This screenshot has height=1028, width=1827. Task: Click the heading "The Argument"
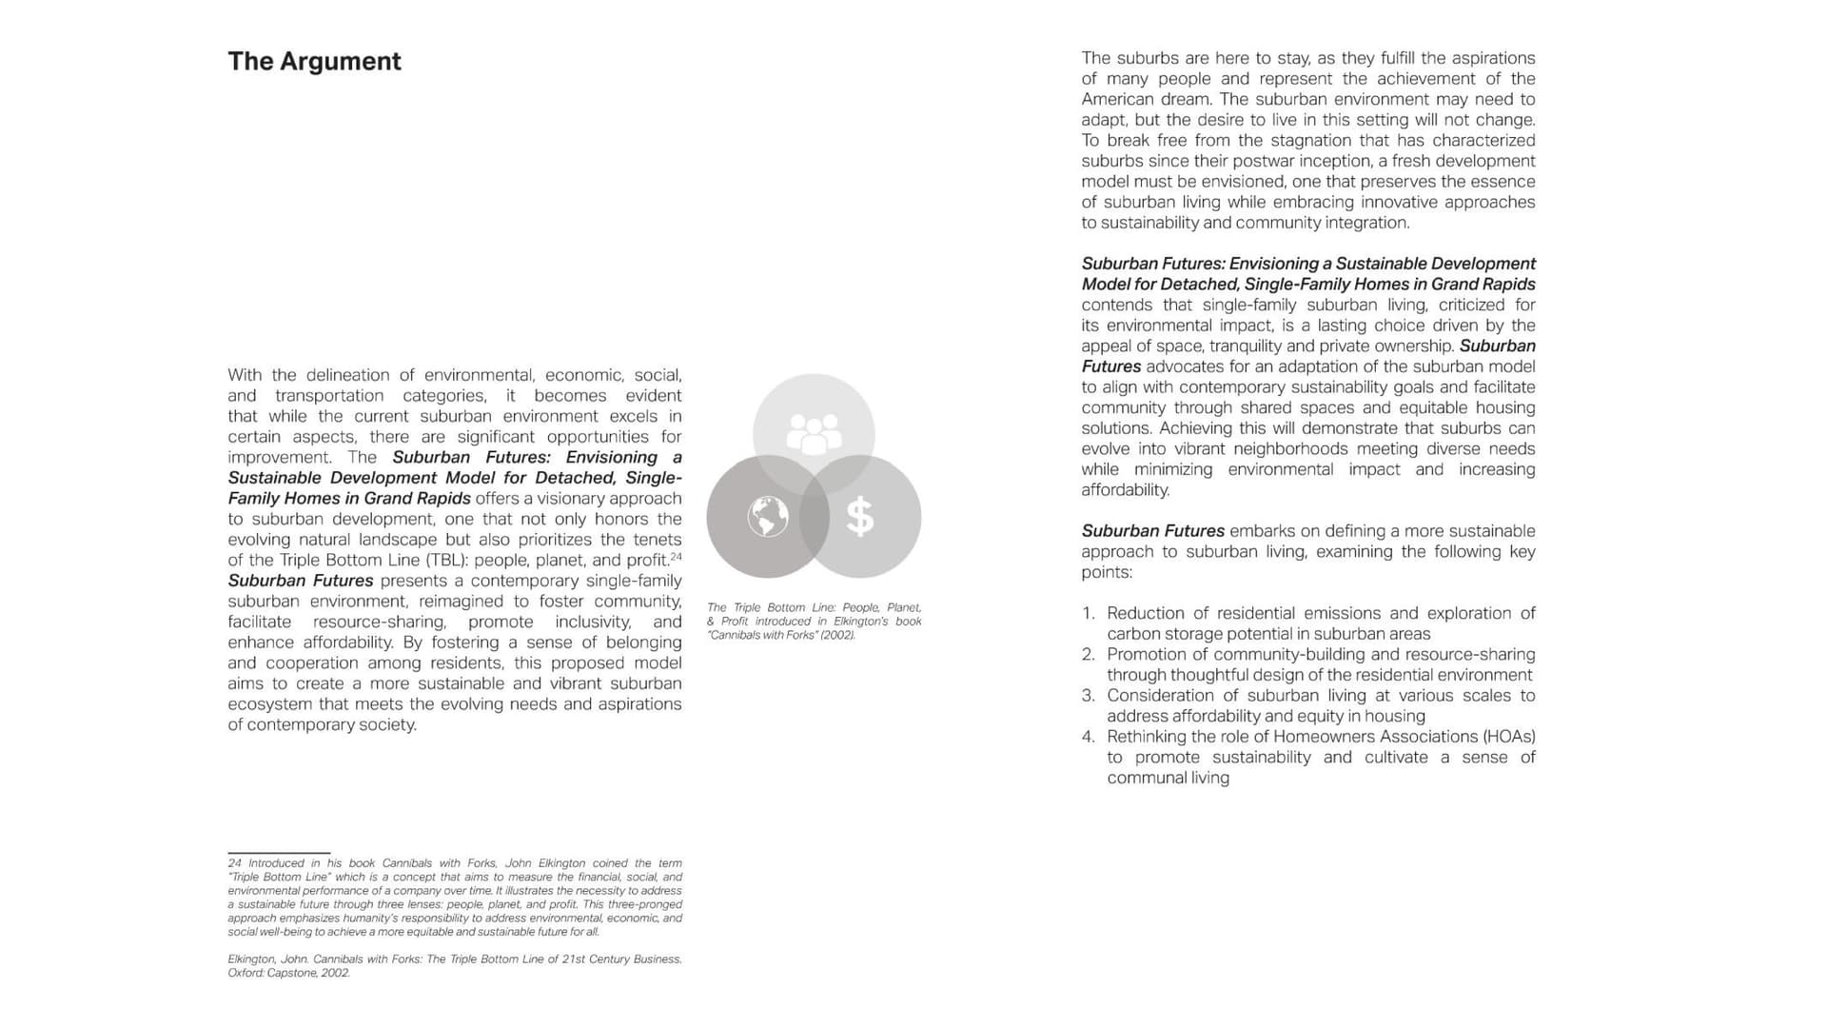pyautogui.click(x=314, y=62)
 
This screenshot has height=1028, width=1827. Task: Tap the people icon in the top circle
pyautogui.click(x=814, y=433)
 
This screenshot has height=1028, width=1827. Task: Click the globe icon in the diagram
pyautogui.click(x=768, y=517)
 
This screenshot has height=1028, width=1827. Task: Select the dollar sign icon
pyautogui.click(x=860, y=517)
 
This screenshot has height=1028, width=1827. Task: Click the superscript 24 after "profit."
pyautogui.click(x=676, y=557)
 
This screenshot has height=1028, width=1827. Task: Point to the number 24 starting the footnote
pyautogui.click(x=234, y=863)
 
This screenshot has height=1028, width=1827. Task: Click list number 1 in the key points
pyautogui.click(x=1089, y=614)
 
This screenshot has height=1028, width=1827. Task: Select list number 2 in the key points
pyautogui.click(x=1089, y=655)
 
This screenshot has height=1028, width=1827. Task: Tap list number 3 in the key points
pyautogui.click(x=1089, y=696)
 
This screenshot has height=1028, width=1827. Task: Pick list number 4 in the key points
pyautogui.click(x=1089, y=737)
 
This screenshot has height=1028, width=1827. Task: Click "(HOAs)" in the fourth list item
pyautogui.click(x=1509, y=737)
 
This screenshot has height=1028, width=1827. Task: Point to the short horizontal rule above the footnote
pyautogui.click(x=279, y=853)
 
